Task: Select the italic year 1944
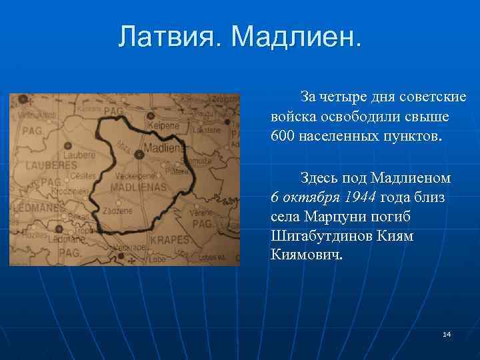361,197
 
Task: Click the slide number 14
446,333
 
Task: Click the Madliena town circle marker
139,154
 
